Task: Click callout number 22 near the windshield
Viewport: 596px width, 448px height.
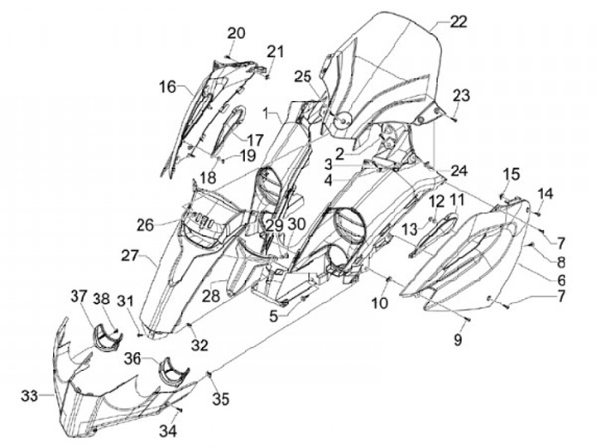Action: [458, 22]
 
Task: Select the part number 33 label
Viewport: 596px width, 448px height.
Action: [30, 397]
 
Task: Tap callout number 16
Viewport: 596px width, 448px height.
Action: [168, 86]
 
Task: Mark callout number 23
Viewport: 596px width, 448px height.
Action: [461, 95]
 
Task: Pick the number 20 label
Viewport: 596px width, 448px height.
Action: [237, 33]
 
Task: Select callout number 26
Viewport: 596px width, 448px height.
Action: [146, 224]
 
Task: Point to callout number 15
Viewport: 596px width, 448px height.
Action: [512, 174]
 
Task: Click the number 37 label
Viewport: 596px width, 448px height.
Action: [78, 296]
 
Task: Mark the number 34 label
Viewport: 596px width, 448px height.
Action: [168, 431]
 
